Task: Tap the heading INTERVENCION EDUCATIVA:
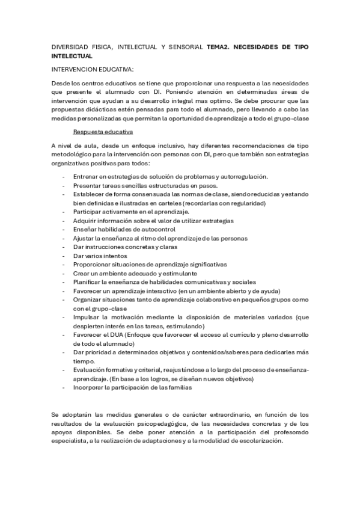point(93,69)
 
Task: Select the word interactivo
point(157,291)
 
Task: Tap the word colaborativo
point(213,300)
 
